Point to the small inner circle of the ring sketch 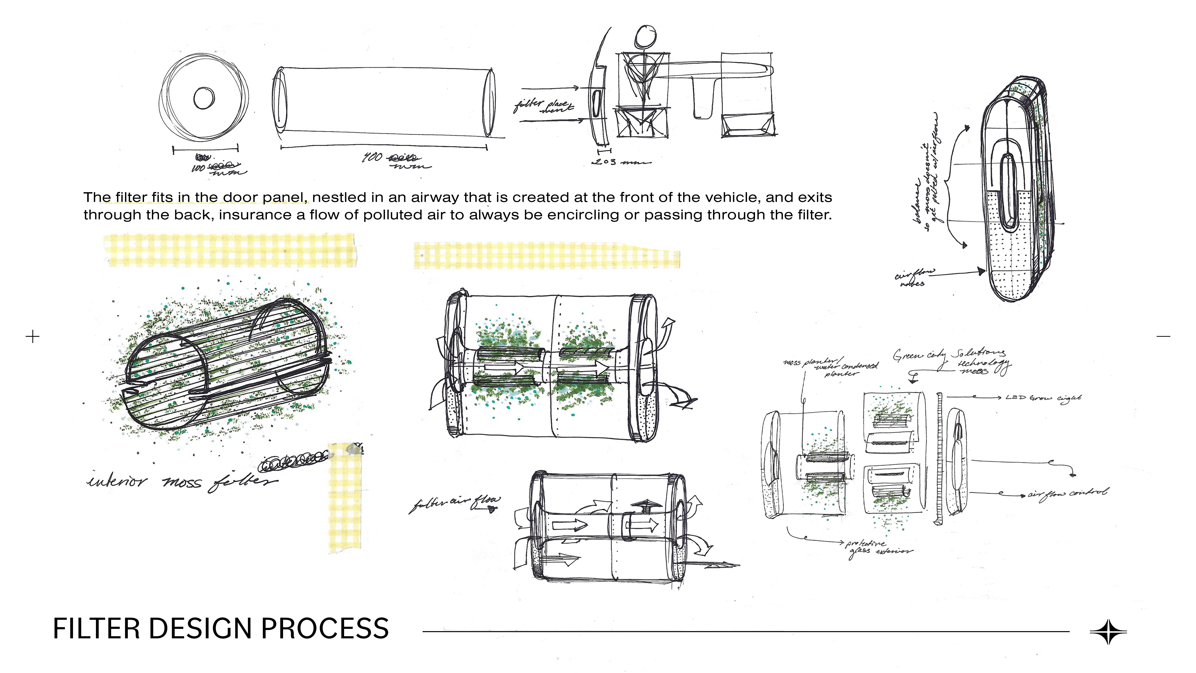pos(204,98)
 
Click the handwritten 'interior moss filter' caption pos(181,481)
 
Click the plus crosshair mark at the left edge pos(32,336)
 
